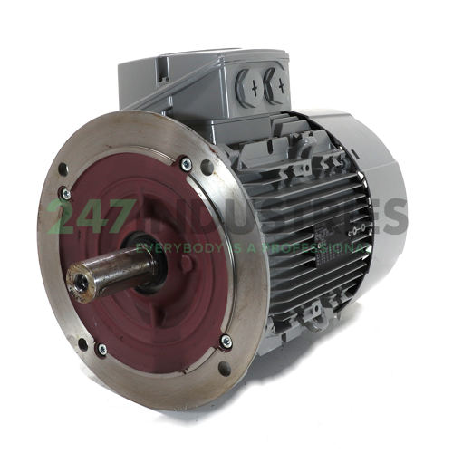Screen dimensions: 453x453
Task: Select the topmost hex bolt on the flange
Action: click(x=185, y=164)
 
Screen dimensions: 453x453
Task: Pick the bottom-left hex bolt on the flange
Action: click(x=101, y=346)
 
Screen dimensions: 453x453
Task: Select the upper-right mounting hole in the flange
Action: click(x=208, y=167)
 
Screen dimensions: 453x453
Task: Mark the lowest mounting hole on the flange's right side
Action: click(x=222, y=370)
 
